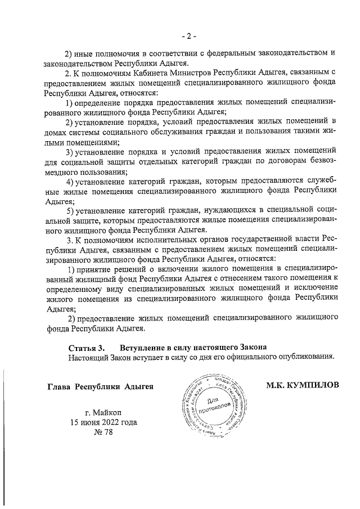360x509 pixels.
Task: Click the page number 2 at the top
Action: pyautogui.click(x=188, y=37)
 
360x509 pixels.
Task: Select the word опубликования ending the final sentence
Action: pyautogui.click(x=307, y=357)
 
